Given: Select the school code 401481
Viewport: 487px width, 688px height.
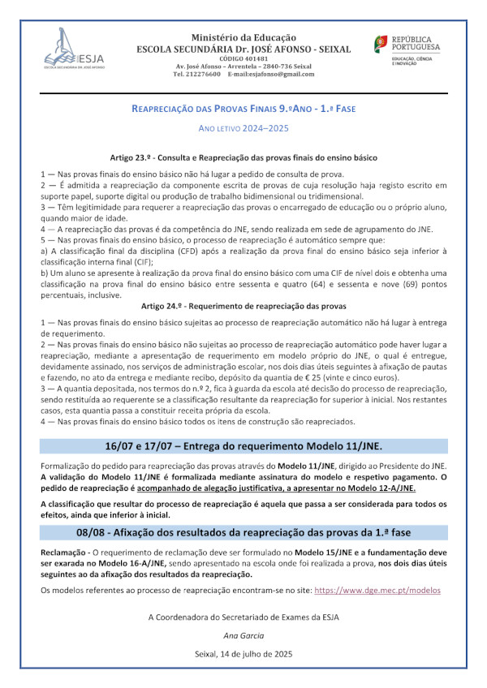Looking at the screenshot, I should click(x=243, y=58).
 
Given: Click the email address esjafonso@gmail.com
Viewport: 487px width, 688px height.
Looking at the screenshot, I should click(x=271, y=74).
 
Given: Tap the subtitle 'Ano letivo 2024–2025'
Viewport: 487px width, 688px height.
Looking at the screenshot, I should click(x=243, y=128).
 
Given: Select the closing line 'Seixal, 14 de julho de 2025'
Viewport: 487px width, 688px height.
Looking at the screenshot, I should click(x=243, y=653).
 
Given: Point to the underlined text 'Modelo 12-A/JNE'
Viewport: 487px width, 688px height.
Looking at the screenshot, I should click(x=377, y=490).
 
